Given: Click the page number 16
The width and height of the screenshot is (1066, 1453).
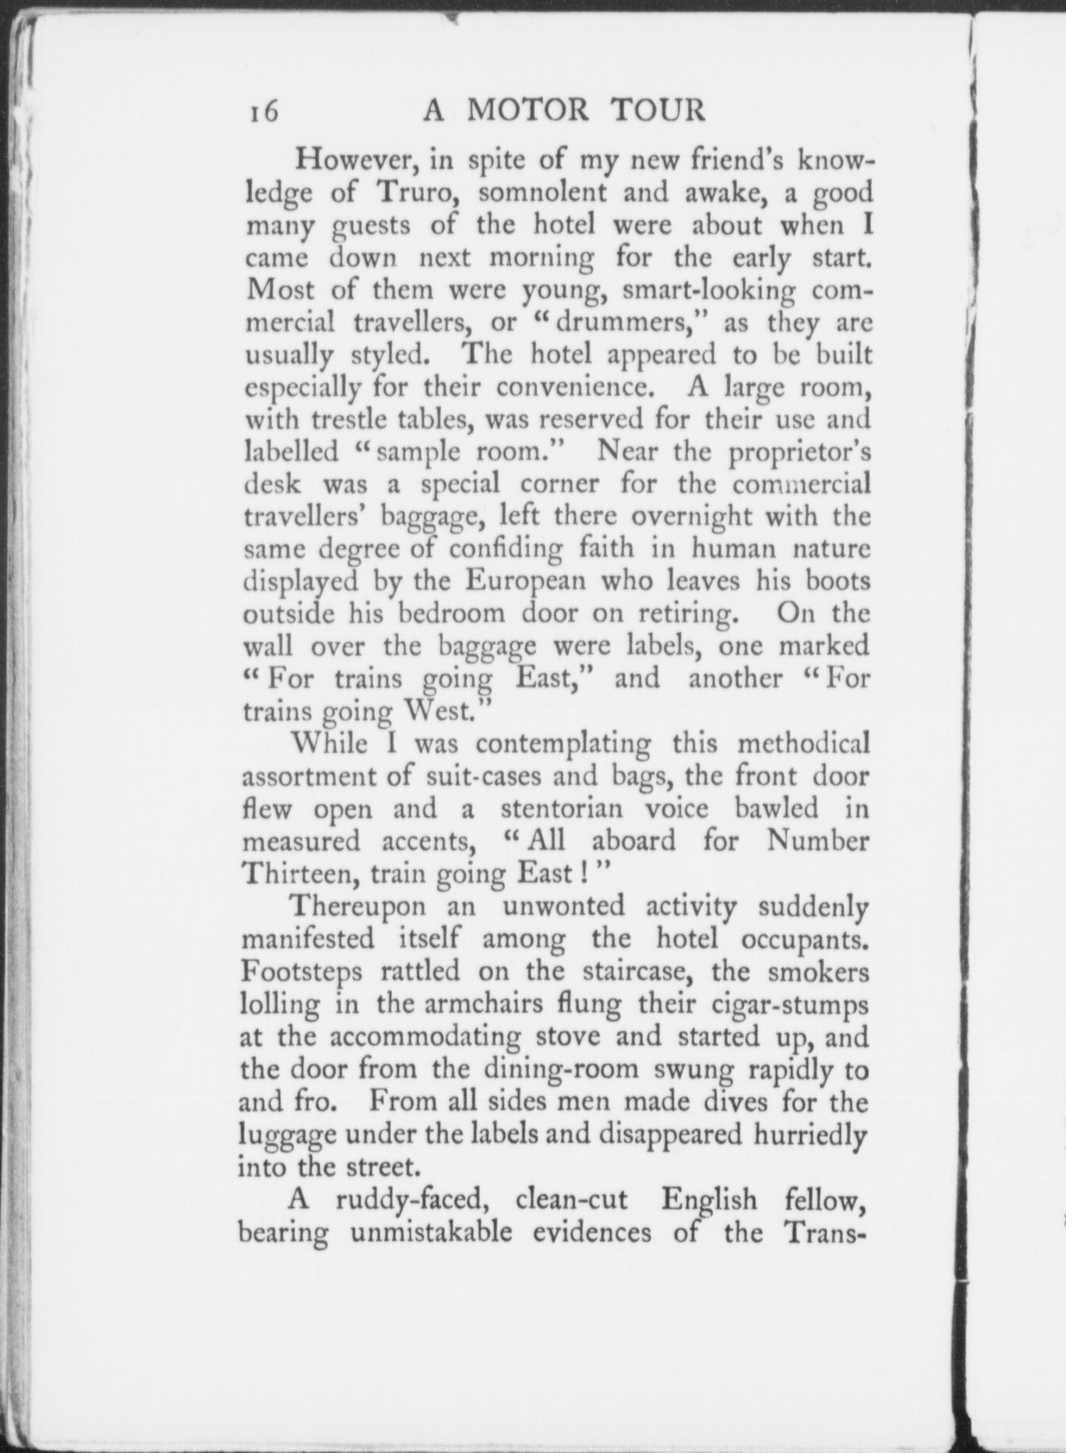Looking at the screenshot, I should [261, 112].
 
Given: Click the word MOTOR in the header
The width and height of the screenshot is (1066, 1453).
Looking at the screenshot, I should [527, 111].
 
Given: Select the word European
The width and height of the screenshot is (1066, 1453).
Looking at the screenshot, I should [526, 581].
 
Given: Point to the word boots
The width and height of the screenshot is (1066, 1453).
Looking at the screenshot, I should [838, 581].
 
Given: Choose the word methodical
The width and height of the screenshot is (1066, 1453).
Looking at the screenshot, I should [804, 743].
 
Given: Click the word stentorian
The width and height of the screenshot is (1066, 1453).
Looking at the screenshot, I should [562, 809].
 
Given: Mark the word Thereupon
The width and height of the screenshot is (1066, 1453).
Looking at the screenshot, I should [357, 907].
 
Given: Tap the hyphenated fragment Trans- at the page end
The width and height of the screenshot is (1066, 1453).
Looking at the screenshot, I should [824, 1233].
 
